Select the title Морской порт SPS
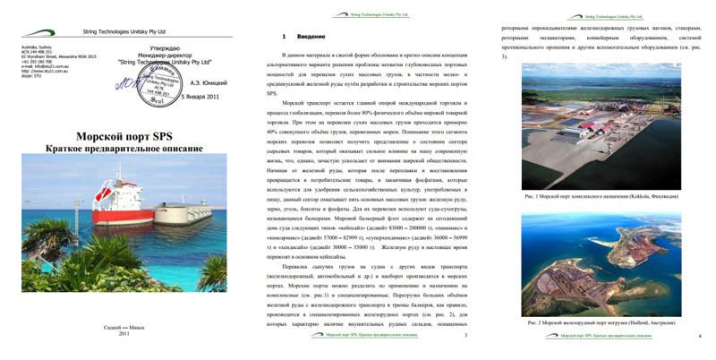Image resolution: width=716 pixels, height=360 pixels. [124, 135]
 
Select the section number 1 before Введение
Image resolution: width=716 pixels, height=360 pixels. [284, 37]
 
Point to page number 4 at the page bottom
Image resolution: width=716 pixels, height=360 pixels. [698, 336]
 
